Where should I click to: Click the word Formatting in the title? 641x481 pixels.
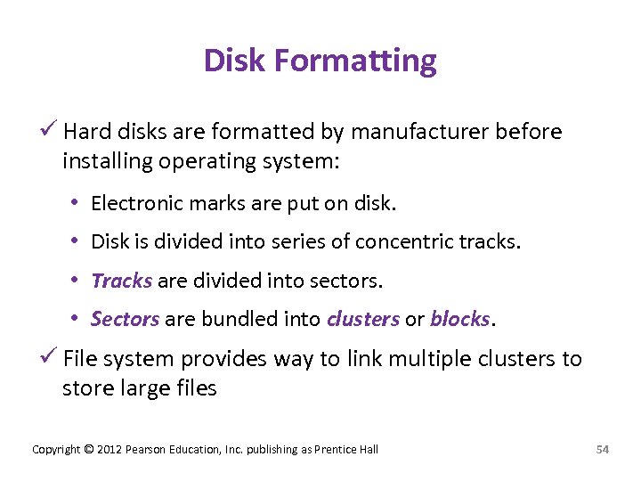coord(356,61)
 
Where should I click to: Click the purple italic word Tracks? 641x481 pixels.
coord(122,281)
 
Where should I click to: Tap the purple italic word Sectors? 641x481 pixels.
coord(125,319)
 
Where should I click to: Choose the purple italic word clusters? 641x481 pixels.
coord(363,319)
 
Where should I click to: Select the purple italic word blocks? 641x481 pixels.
coord(459,319)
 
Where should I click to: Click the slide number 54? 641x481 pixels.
coord(602,449)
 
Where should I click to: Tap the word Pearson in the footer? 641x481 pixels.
coord(145,449)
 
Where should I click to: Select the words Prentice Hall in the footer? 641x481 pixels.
coord(347,449)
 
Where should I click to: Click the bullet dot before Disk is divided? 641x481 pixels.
coord(77,242)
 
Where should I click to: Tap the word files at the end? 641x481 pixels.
coord(192,388)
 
